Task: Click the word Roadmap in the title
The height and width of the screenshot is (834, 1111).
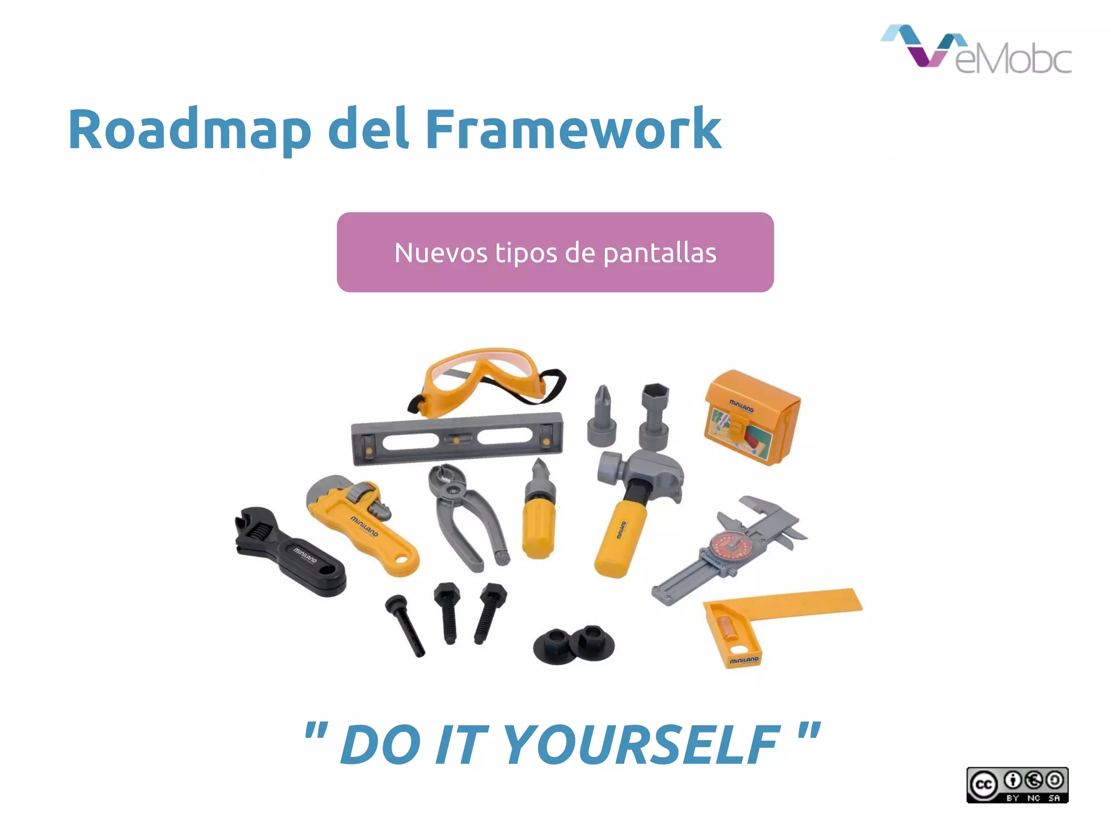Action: tap(189, 130)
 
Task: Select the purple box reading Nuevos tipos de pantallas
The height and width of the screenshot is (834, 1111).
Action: tap(555, 252)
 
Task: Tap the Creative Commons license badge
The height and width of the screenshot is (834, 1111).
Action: tap(1017, 785)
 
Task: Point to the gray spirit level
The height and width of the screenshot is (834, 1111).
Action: tap(457, 438)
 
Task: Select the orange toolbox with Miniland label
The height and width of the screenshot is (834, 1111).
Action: tap(752, 417)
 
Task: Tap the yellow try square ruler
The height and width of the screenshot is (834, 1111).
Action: tap(770, 616)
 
